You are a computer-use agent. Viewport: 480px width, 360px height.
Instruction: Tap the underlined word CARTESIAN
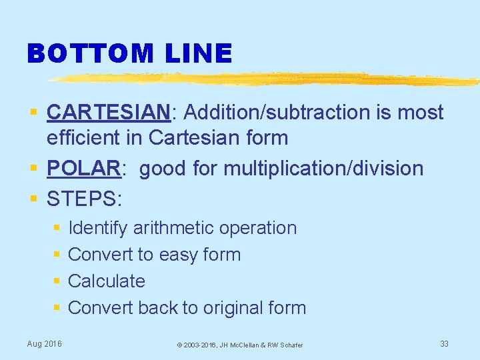(x=109, y=113)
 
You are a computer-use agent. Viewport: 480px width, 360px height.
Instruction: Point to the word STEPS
(x=81, y=198)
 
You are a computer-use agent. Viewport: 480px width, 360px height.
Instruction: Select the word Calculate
(x=107, y=281)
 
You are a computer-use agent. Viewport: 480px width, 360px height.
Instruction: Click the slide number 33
(x=444, y=343)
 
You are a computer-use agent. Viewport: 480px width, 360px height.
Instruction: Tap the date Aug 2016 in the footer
(x=44, y=343)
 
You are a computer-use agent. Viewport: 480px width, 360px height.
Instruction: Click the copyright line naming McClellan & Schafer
(x=239, y=345)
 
